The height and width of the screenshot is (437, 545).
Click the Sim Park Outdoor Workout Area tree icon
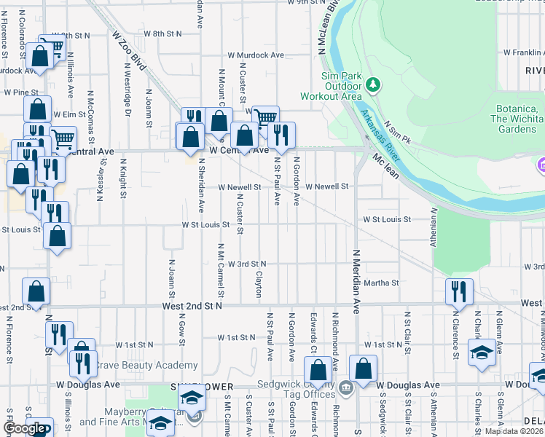pos(374,85)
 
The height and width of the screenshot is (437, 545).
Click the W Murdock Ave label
pos(255,55)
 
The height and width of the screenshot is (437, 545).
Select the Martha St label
pos(382,283)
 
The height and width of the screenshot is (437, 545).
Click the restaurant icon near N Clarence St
pos(459,291)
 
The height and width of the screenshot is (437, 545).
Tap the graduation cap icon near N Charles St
pos(482,353)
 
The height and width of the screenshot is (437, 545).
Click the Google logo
pos(24,428)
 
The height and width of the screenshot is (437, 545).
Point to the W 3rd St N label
pos(247,264)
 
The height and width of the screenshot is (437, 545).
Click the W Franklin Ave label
pos(523,52)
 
